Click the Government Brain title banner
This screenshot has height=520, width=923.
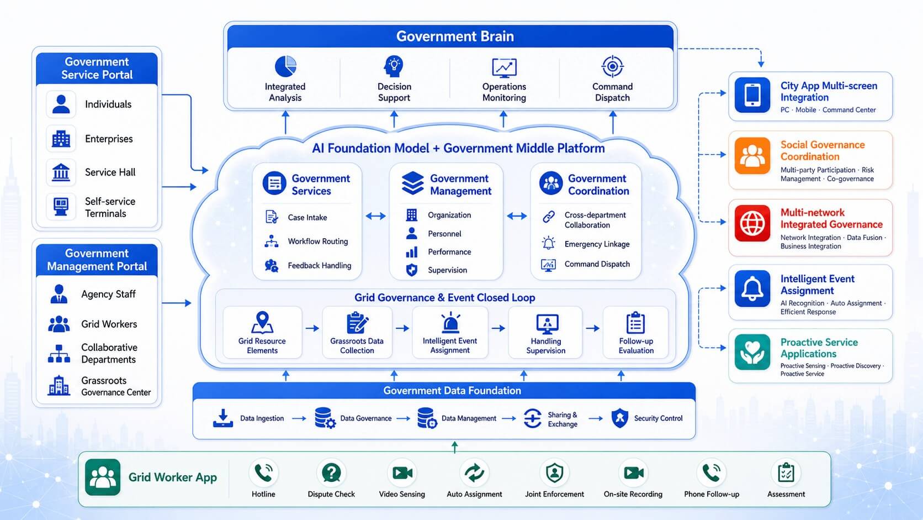click(x=450, y=36)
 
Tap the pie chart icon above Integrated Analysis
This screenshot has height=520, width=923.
click(x=285, y=66)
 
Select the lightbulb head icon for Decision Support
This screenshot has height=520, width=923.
click(x=394, y=66)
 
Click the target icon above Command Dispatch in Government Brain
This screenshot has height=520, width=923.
click(x=612, y=66)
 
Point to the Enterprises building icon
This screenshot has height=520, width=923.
click(x=61, y=139)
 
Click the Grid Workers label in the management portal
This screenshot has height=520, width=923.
click(x=109, y=324)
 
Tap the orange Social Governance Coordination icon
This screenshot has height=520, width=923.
click(x=752, y=156)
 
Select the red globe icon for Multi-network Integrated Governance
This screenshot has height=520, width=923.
click(x=752, y=223)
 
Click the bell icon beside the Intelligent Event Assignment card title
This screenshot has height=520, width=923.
click(x=752, y=288)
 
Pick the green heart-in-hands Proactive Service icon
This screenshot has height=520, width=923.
click(x=752, y=352)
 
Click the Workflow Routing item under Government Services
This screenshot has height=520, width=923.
click(x=307, y=241)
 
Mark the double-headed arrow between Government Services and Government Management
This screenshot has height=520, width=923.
click(x=375, y=216)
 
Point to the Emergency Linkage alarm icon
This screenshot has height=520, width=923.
click(x=548, y=243)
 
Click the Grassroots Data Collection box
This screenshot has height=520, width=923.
click(x=357, y=332)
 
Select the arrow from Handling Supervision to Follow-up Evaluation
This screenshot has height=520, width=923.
click(x=592, y=328)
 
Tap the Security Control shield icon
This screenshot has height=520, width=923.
click(x=620, y=418)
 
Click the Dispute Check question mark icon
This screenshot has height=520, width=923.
click(x=331, y=472)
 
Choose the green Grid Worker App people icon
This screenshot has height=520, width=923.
click(x=103, y=477)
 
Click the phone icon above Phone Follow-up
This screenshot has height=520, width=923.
click(x=711, y=472)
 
